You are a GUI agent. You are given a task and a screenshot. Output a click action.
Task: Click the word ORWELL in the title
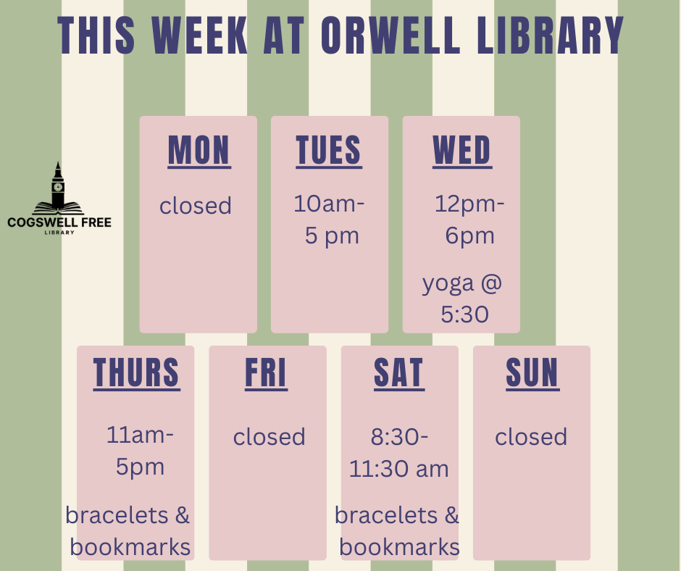coord(390,36)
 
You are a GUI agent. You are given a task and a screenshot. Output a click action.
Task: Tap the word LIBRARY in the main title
coord(550,36)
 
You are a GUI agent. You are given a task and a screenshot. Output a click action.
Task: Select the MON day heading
coord(199,150)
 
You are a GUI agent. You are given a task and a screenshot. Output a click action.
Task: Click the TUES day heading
coord(329,150)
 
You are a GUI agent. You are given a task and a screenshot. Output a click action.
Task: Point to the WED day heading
coord(462,150)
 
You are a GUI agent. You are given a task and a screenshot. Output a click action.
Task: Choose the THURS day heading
coord(136,373)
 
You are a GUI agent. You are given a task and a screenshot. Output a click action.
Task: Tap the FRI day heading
coord(266,373)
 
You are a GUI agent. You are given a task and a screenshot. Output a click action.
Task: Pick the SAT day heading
coord(399,373)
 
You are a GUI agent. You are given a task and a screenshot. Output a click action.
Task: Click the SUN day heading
coord(532,373)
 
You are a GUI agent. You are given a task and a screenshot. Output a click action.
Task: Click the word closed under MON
coord(196,206)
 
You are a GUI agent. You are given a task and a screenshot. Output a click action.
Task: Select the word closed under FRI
coord(270,437)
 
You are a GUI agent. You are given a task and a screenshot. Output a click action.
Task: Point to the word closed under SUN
coord(531,437)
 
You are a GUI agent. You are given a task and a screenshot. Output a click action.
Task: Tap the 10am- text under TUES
coord(329,204)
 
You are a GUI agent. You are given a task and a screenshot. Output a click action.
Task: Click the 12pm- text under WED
coord(469,204)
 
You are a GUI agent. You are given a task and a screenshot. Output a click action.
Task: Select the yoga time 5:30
coord(464,314)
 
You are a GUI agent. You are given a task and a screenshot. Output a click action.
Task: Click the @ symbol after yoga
coord(491,283)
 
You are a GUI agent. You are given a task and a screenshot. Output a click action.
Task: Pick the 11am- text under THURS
coord(140,435)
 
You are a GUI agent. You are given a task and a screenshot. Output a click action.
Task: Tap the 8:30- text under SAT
coord(400,437)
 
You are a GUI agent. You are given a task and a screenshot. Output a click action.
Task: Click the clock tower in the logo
coord(58,185)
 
